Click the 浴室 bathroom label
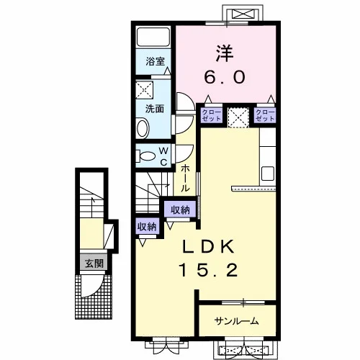[156, 61]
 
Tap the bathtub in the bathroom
[153, 37]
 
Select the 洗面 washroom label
[155, 109]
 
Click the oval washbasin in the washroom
[143, 128]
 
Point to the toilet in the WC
[145, 156]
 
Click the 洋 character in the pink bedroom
[225, 53]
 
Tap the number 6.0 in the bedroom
[225, 77]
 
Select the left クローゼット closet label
[212, 115]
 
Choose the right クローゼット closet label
[265, 115]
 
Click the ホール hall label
[185, 178]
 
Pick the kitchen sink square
[268, 174]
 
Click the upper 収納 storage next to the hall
[180, 210]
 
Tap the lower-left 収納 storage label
[147, 226]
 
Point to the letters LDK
[208, 247]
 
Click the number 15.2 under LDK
[208, 270]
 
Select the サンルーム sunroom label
[237, 321]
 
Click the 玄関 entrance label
[94, 264]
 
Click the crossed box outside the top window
[243, 14]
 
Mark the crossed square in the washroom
[145, 90]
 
